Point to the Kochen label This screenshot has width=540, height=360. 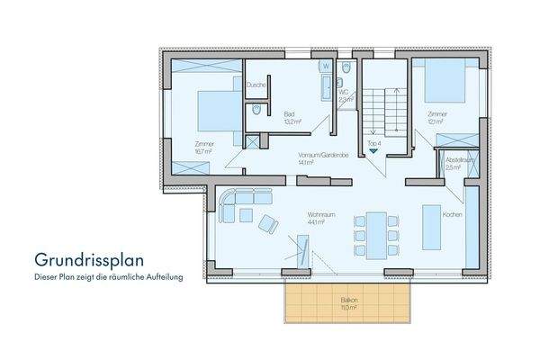coord(453,215)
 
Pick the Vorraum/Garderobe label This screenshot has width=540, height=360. coord(316,159)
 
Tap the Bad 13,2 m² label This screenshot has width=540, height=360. coord(289,118)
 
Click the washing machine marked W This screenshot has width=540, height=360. coord(325,67)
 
